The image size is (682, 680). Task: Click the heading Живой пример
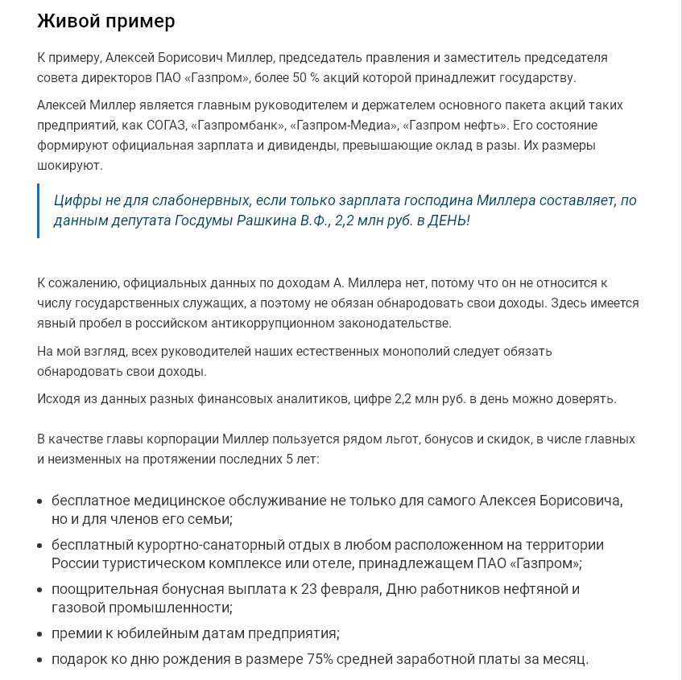click(105, 22)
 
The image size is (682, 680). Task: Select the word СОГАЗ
click(167, 126)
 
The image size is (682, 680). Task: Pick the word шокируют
click(69, 165)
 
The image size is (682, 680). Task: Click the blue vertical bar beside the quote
click(39, 211)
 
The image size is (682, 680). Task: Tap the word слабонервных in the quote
click(198, 200)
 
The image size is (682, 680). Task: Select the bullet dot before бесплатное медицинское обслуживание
click(40, 501)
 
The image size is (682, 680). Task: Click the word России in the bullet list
click(74, 563)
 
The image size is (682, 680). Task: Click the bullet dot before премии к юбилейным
click(40, 633)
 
